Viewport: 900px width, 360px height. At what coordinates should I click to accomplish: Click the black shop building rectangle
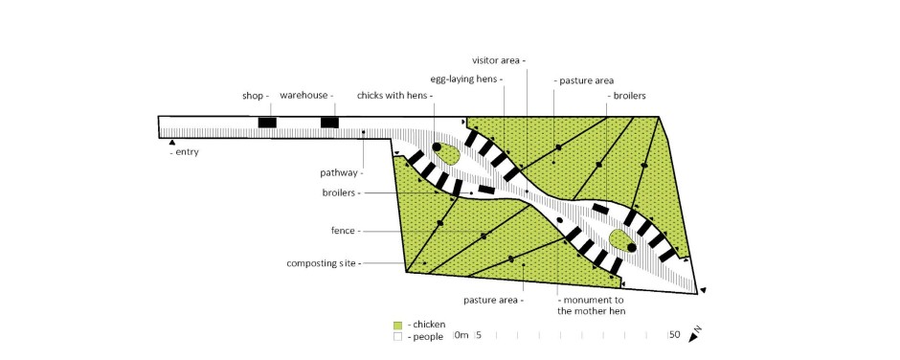[x=267, y=123]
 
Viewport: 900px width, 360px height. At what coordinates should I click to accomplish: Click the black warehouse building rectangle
[x=329, y=123]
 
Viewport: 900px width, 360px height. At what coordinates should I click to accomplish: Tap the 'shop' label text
[x=253, y=96]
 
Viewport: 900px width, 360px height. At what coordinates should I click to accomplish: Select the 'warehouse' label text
[x=304, y=95]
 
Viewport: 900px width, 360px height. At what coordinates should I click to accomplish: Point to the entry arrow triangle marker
[x=171, y=142]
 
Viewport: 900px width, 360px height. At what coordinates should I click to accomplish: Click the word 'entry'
[x=187, y=153]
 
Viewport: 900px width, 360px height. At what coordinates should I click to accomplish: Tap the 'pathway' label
[x=339, y=172]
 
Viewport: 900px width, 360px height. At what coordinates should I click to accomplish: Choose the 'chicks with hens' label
[x=392, y=96]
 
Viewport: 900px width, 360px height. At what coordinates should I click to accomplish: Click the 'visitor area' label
[x=496, y=59]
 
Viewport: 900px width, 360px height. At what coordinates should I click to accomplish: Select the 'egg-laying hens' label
[x=462, y=79]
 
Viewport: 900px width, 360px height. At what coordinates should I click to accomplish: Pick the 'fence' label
[x=343, y=231]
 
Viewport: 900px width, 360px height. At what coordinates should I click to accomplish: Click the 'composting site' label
[x=321, y=263]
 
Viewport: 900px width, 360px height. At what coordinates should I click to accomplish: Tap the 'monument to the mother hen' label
[x=591, y=305]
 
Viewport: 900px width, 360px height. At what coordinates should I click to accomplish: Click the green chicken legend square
[x=397, y=325]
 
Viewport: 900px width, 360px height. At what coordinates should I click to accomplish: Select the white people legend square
[x=397, y=337]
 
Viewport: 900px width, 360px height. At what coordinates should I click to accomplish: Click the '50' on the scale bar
[x=674, y=335]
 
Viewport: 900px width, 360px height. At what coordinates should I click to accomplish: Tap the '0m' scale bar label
[x=461, y=335]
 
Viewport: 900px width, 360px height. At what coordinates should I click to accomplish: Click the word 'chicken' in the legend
[x=429, y=325]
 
